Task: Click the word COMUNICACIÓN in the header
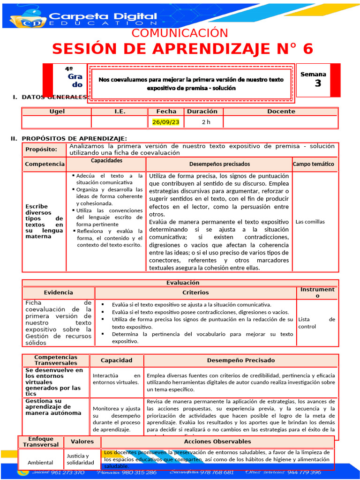tap(180, 33)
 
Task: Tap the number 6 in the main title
tap(307, 49)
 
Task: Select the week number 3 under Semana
tap(318, 83)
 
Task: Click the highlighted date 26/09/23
tap(166, 122)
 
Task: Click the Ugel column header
tap(57, 112)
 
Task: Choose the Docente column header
tap(281, 112)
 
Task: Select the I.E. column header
tap(120, 112)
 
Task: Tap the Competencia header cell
tap(45, 164)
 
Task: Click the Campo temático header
tap(314, 164)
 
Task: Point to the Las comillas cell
tap(310, 222)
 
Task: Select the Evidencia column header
tap(59, 292)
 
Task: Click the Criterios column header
tap(195, 292)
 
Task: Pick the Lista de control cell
tap(316, 322)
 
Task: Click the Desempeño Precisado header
tap(241, 360)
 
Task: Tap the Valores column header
tap(82, 442)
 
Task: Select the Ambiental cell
tap(40, 463)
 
